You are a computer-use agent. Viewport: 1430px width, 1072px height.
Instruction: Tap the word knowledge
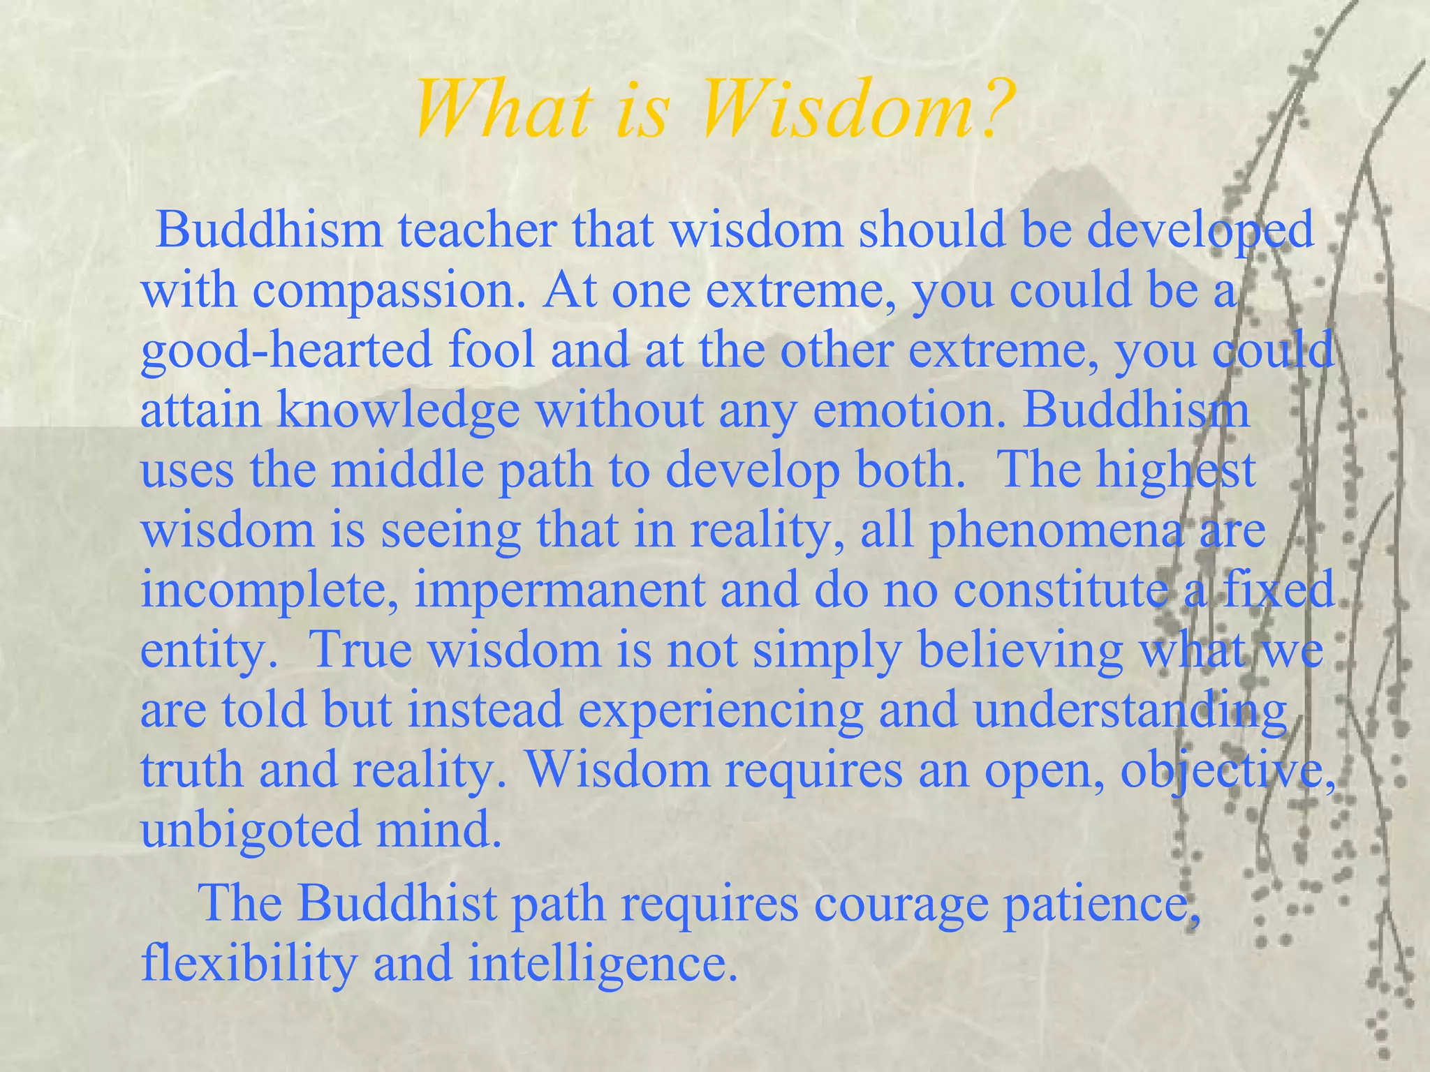tap(398, 410)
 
